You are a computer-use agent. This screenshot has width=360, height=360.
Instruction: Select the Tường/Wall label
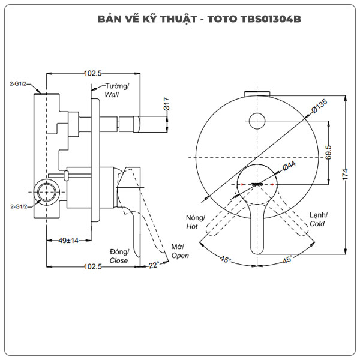pos(117,90)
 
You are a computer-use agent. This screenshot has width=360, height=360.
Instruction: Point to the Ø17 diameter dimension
pos(167,104)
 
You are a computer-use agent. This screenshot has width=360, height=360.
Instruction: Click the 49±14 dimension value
pos(70,241)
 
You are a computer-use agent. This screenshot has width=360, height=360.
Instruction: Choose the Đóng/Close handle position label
pos(119,256)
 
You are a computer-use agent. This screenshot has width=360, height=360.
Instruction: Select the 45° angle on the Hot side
pos(225,259)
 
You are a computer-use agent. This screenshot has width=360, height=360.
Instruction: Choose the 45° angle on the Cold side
pos(287,259)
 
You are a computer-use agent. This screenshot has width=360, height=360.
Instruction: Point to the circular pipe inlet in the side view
pos(46,193)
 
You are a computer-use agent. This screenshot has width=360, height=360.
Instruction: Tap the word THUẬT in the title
pos(174,19)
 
